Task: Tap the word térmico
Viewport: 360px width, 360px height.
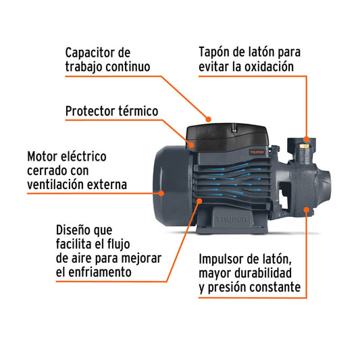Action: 138,111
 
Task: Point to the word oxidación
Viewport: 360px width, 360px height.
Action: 269,67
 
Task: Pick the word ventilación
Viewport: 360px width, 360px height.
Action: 53,184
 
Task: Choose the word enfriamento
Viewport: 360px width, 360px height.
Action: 100,272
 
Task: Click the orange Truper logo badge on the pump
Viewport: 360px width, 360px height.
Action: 257,152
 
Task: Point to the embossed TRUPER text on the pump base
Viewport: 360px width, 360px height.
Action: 232,220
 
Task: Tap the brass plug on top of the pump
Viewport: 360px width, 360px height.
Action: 304,146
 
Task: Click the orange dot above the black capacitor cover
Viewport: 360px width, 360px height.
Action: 208,120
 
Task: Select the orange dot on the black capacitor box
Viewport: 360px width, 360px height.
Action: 191,145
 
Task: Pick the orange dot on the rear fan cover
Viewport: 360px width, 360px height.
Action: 161,193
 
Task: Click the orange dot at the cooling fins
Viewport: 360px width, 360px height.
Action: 199,201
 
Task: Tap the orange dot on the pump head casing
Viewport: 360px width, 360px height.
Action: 307,209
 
